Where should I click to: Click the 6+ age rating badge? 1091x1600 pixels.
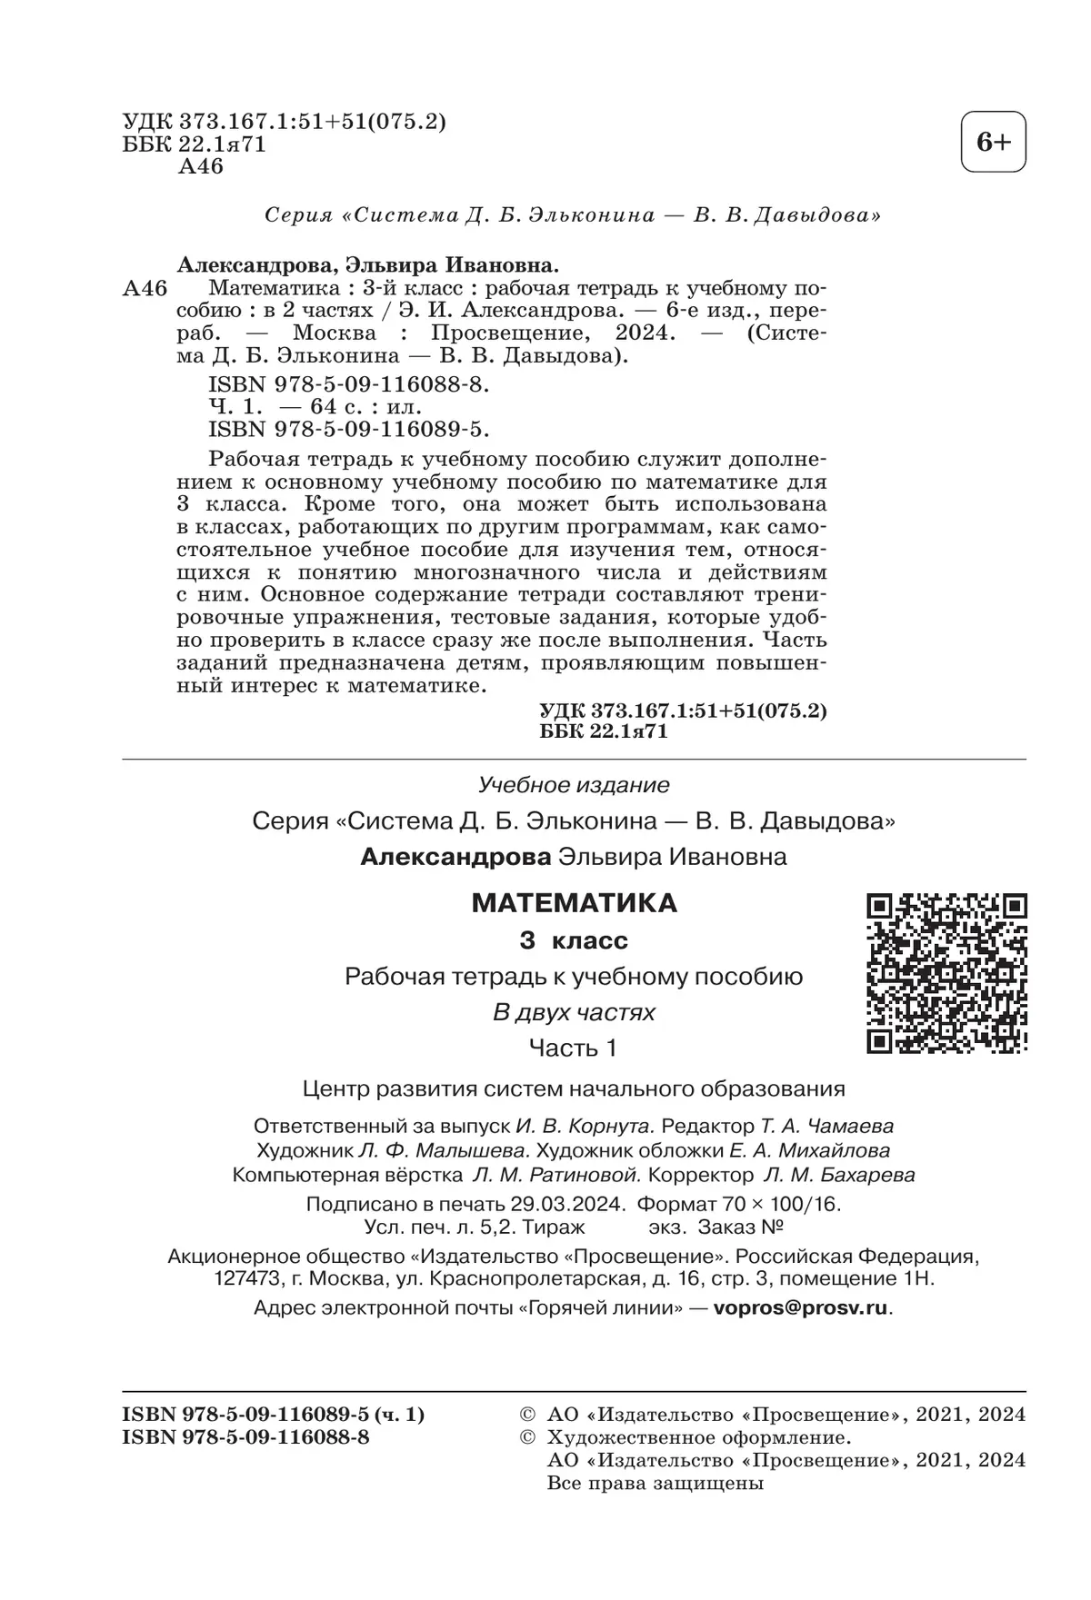(993, 143)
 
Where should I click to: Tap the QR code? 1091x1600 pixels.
(946, 973)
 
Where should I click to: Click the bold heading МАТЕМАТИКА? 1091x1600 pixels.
(575, 903)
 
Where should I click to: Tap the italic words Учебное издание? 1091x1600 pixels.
(574, 784)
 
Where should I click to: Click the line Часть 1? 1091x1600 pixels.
(574, 1048)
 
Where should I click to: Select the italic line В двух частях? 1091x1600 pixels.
(574, 1012)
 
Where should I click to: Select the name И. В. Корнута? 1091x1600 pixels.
(584, 1126)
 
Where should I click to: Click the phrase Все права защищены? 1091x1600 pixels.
(656, 1484)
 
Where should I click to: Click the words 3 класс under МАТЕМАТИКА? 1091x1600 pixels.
(574, 940)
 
